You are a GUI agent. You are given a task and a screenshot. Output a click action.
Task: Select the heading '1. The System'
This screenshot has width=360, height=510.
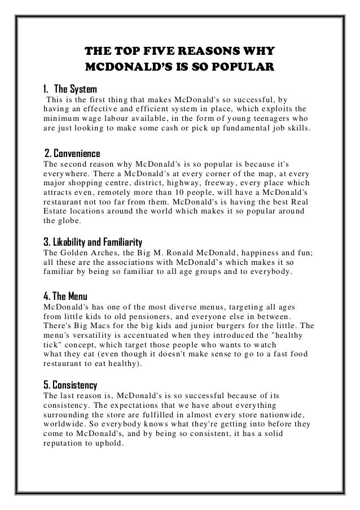(x=71, y=89)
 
